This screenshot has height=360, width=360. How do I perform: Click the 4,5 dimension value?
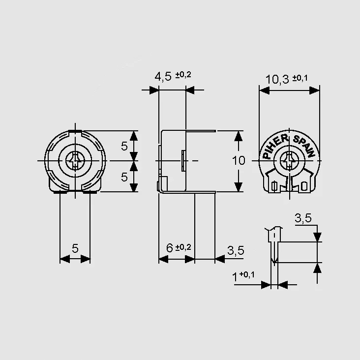click(x=163, y=76)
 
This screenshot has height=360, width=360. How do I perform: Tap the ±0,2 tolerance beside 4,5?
click(x=183, y=75)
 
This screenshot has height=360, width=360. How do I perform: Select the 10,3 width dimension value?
click(x=277, y=80)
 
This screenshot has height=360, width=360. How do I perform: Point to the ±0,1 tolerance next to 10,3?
click(x=300, y=78)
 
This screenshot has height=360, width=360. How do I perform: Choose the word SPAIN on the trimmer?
click(x=304, y=146)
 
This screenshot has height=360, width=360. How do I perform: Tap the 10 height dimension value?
click(x=239, y=160)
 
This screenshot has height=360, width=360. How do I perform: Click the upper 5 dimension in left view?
click(x=124, y=146)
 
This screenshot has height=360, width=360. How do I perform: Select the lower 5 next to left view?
click(x=124, y=177)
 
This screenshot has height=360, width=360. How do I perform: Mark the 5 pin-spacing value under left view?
click(x=75, y=248)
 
